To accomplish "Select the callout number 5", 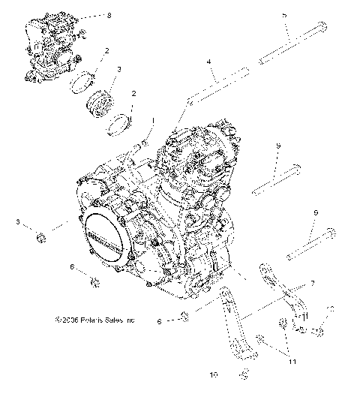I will pyautogui.click(x=283, y=15).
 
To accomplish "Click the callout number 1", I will pyautogui.click(x=154, y=119).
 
